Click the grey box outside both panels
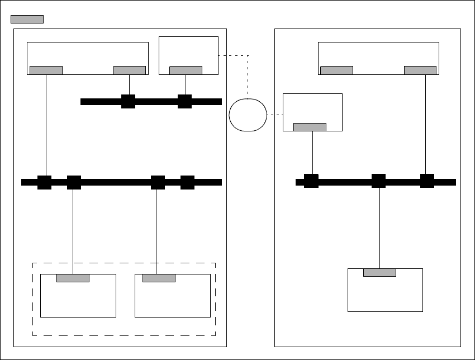pos(27,19)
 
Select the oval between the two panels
pos(248,115)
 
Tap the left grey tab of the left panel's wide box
pos(46,70)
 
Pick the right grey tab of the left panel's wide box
pos(129,70)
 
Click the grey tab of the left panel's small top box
pos(186,70)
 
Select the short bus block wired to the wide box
pos(129,102)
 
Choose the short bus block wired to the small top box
pos(185,102)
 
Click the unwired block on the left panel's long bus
pos(187,182)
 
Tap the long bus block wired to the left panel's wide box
pos(45,182)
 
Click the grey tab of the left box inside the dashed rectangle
pos(73,278)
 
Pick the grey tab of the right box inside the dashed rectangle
pos(159,278)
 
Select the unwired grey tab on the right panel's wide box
pos(336,70)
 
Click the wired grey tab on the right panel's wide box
pos(420,70)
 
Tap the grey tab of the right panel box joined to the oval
pos(310,127)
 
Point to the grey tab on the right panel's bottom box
pos(379,272)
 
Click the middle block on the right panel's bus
pos(379,181)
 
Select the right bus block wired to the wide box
pos(427,181)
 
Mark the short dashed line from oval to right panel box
pos(275,115)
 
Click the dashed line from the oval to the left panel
pos(248,73)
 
